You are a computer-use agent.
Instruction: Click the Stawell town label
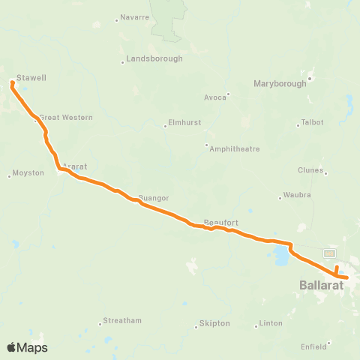(31, 77)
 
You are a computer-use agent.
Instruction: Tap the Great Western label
(66, 118)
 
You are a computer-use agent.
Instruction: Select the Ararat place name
(76, 166)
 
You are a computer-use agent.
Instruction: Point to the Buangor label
(154, 198)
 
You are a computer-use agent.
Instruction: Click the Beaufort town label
(221, 223)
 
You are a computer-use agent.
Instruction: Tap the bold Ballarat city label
(322, 286)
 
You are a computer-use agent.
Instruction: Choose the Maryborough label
(280, 84)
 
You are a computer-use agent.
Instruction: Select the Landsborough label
(154, 58)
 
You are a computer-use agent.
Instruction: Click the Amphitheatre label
(235, 148)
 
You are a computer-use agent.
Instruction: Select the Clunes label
(310, 170)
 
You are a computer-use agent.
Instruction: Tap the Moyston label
(28, 174)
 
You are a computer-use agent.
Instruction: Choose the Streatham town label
(122, 321)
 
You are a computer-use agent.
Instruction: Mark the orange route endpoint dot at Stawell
(12, 83)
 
